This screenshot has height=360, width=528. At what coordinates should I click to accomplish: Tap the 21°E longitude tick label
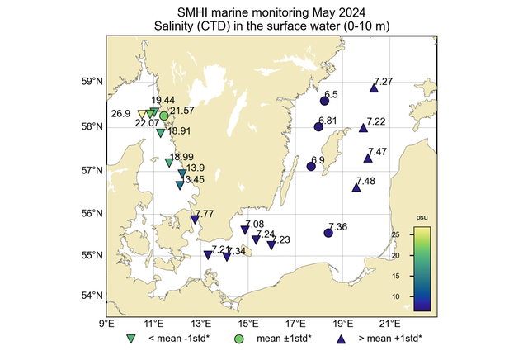click(x=390, y=324)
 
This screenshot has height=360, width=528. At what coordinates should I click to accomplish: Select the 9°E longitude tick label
click(x=106, y=324)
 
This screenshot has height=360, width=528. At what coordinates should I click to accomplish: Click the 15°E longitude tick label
click(x=248, y=324)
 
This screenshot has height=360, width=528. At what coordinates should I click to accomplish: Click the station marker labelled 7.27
click(x=374, y=88)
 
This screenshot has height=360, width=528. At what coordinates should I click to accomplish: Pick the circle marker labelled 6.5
click(x=324, y=101)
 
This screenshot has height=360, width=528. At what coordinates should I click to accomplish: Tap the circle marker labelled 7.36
click(x=328, y=233)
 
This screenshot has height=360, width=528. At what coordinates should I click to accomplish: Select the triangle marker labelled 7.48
click(x=356, y=187)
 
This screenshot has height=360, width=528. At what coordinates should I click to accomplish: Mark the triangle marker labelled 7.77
click(x=195, y=219)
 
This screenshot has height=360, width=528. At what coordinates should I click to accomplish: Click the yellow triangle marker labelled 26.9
click(x=142, y=114)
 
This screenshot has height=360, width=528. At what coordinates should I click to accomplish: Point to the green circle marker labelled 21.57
click(x=164, y=116)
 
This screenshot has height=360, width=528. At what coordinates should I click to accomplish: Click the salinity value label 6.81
click(x=328, y=121)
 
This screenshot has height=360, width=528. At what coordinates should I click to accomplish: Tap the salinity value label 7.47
click(x=378, y=152)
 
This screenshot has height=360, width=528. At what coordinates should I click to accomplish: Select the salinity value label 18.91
click(x=179, y=130)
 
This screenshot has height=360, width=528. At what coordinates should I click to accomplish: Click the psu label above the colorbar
click(x=422, y=219)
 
